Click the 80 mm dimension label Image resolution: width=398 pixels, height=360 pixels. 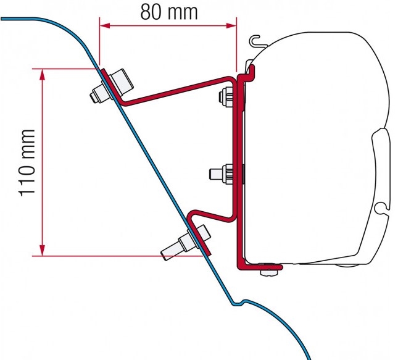169,12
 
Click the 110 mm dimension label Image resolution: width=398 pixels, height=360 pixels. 27,163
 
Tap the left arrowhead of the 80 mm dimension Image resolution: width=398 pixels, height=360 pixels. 105,25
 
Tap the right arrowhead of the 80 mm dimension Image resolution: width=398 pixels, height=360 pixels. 231,25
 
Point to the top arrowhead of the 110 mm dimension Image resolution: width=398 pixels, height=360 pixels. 42,74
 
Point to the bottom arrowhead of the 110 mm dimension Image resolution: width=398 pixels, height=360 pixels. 42,250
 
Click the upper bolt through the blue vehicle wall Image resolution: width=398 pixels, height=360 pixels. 112,86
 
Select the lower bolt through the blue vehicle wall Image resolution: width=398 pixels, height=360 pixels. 186,243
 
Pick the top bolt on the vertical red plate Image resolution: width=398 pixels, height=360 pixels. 226,96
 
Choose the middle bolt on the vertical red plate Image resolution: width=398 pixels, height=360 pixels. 222,174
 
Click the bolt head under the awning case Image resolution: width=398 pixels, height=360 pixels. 269,272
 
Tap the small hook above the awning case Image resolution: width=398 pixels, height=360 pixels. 257,41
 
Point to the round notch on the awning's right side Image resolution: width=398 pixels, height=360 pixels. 381,207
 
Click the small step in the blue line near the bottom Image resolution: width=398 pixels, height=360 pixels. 239,303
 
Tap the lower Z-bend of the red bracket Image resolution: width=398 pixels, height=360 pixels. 210,216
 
